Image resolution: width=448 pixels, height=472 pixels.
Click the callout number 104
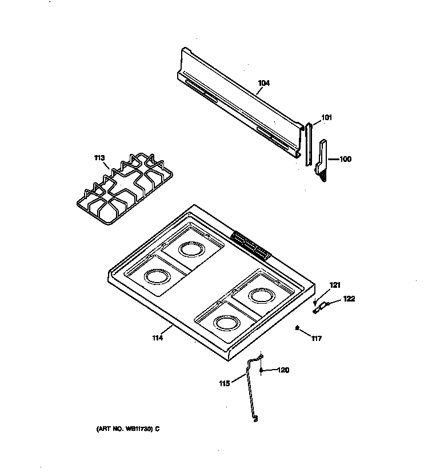pyautogui.click(x=263, y=83)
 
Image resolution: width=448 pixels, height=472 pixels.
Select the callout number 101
pyautogui.click(x=326, y=118)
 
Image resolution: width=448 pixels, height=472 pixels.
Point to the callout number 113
pyautogui.click(x=99, y=157)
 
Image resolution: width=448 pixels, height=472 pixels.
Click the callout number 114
pyautogui.click(x=158, y=338)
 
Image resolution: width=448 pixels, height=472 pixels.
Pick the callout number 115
pyautogui.click(x=224, y=383)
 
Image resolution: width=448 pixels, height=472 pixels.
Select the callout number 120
pyautogui.click(x=283, y=370)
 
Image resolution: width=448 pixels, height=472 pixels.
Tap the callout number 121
pyautogui.click(x=335, y=285)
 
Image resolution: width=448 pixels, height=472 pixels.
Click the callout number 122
pyautogui.click(x=349, y=298)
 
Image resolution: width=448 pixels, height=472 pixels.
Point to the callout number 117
pyautogui.click(x=316, y=339)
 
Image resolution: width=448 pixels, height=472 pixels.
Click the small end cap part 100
pyautogui.click(x=322, y=161)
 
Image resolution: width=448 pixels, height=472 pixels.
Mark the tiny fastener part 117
pyautogui.click(x=297, y=328)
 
